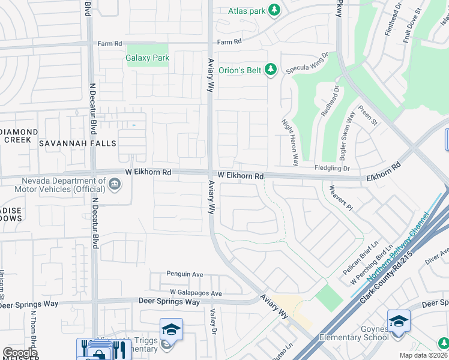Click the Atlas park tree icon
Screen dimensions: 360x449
[x=274, y=10]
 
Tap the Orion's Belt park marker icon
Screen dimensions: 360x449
[x=271, y=70]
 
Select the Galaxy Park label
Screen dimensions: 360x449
[x=147, y=58]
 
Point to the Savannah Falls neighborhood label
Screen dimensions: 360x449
[x=77, y=143]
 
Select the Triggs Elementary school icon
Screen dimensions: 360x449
[x=171, y=329]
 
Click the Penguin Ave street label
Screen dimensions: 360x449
[x=185, y=274]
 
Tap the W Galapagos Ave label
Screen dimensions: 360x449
[x=196, y=293]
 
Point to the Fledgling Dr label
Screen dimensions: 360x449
[x=332, y=169]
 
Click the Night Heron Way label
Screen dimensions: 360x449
[x=290, y=142]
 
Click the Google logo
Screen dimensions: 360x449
[x=20, y=353]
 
